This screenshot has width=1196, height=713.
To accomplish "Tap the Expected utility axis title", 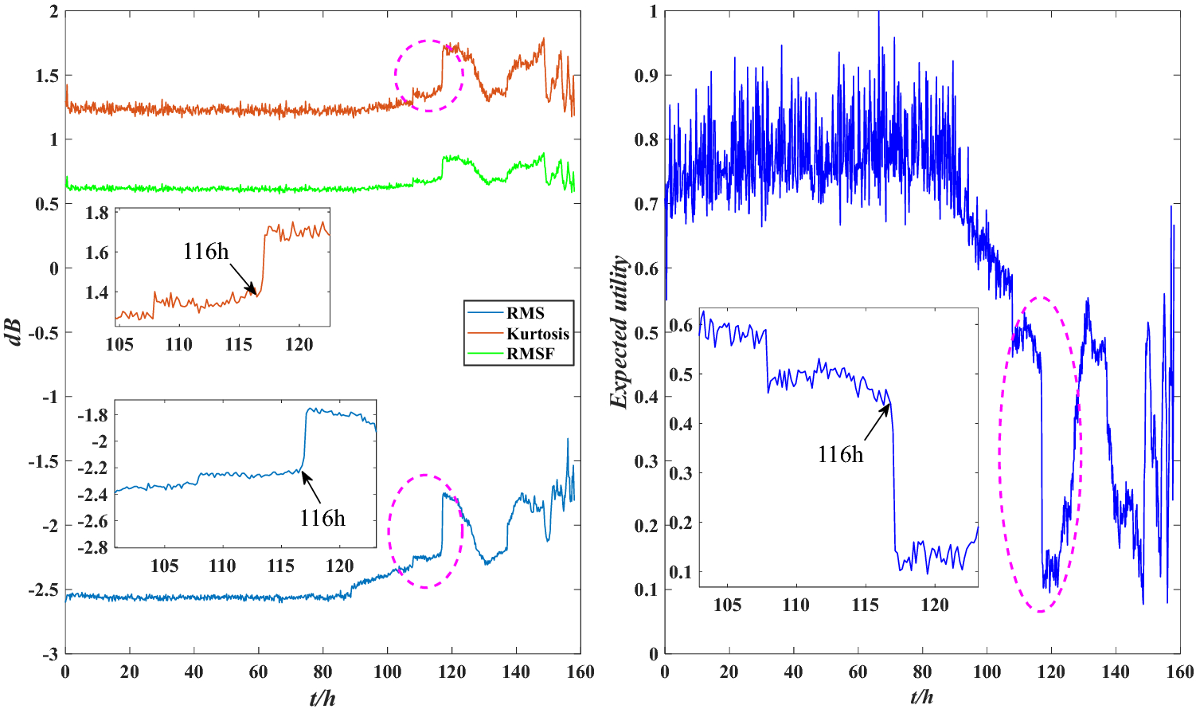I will point(619,332).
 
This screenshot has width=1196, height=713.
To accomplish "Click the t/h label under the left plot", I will point(322,699).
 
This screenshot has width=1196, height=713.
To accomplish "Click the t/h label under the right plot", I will point(922,699).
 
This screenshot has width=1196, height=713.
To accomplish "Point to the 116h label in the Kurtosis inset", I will point(205,252).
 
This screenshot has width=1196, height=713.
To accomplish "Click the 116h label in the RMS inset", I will point(322,518).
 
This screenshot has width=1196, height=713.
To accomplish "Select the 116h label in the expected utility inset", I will point(840,454).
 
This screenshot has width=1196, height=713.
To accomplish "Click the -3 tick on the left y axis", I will point(49,654).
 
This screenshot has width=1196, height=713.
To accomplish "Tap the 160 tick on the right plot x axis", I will point(1179,672).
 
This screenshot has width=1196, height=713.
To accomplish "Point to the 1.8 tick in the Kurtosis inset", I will point(97,213).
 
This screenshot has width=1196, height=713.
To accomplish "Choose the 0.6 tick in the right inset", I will point(681,325).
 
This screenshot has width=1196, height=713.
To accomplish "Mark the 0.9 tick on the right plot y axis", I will point(647,76).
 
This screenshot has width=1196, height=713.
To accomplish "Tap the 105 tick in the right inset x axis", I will point(727,605).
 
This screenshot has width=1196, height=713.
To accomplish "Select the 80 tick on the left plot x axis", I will point(322,672).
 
